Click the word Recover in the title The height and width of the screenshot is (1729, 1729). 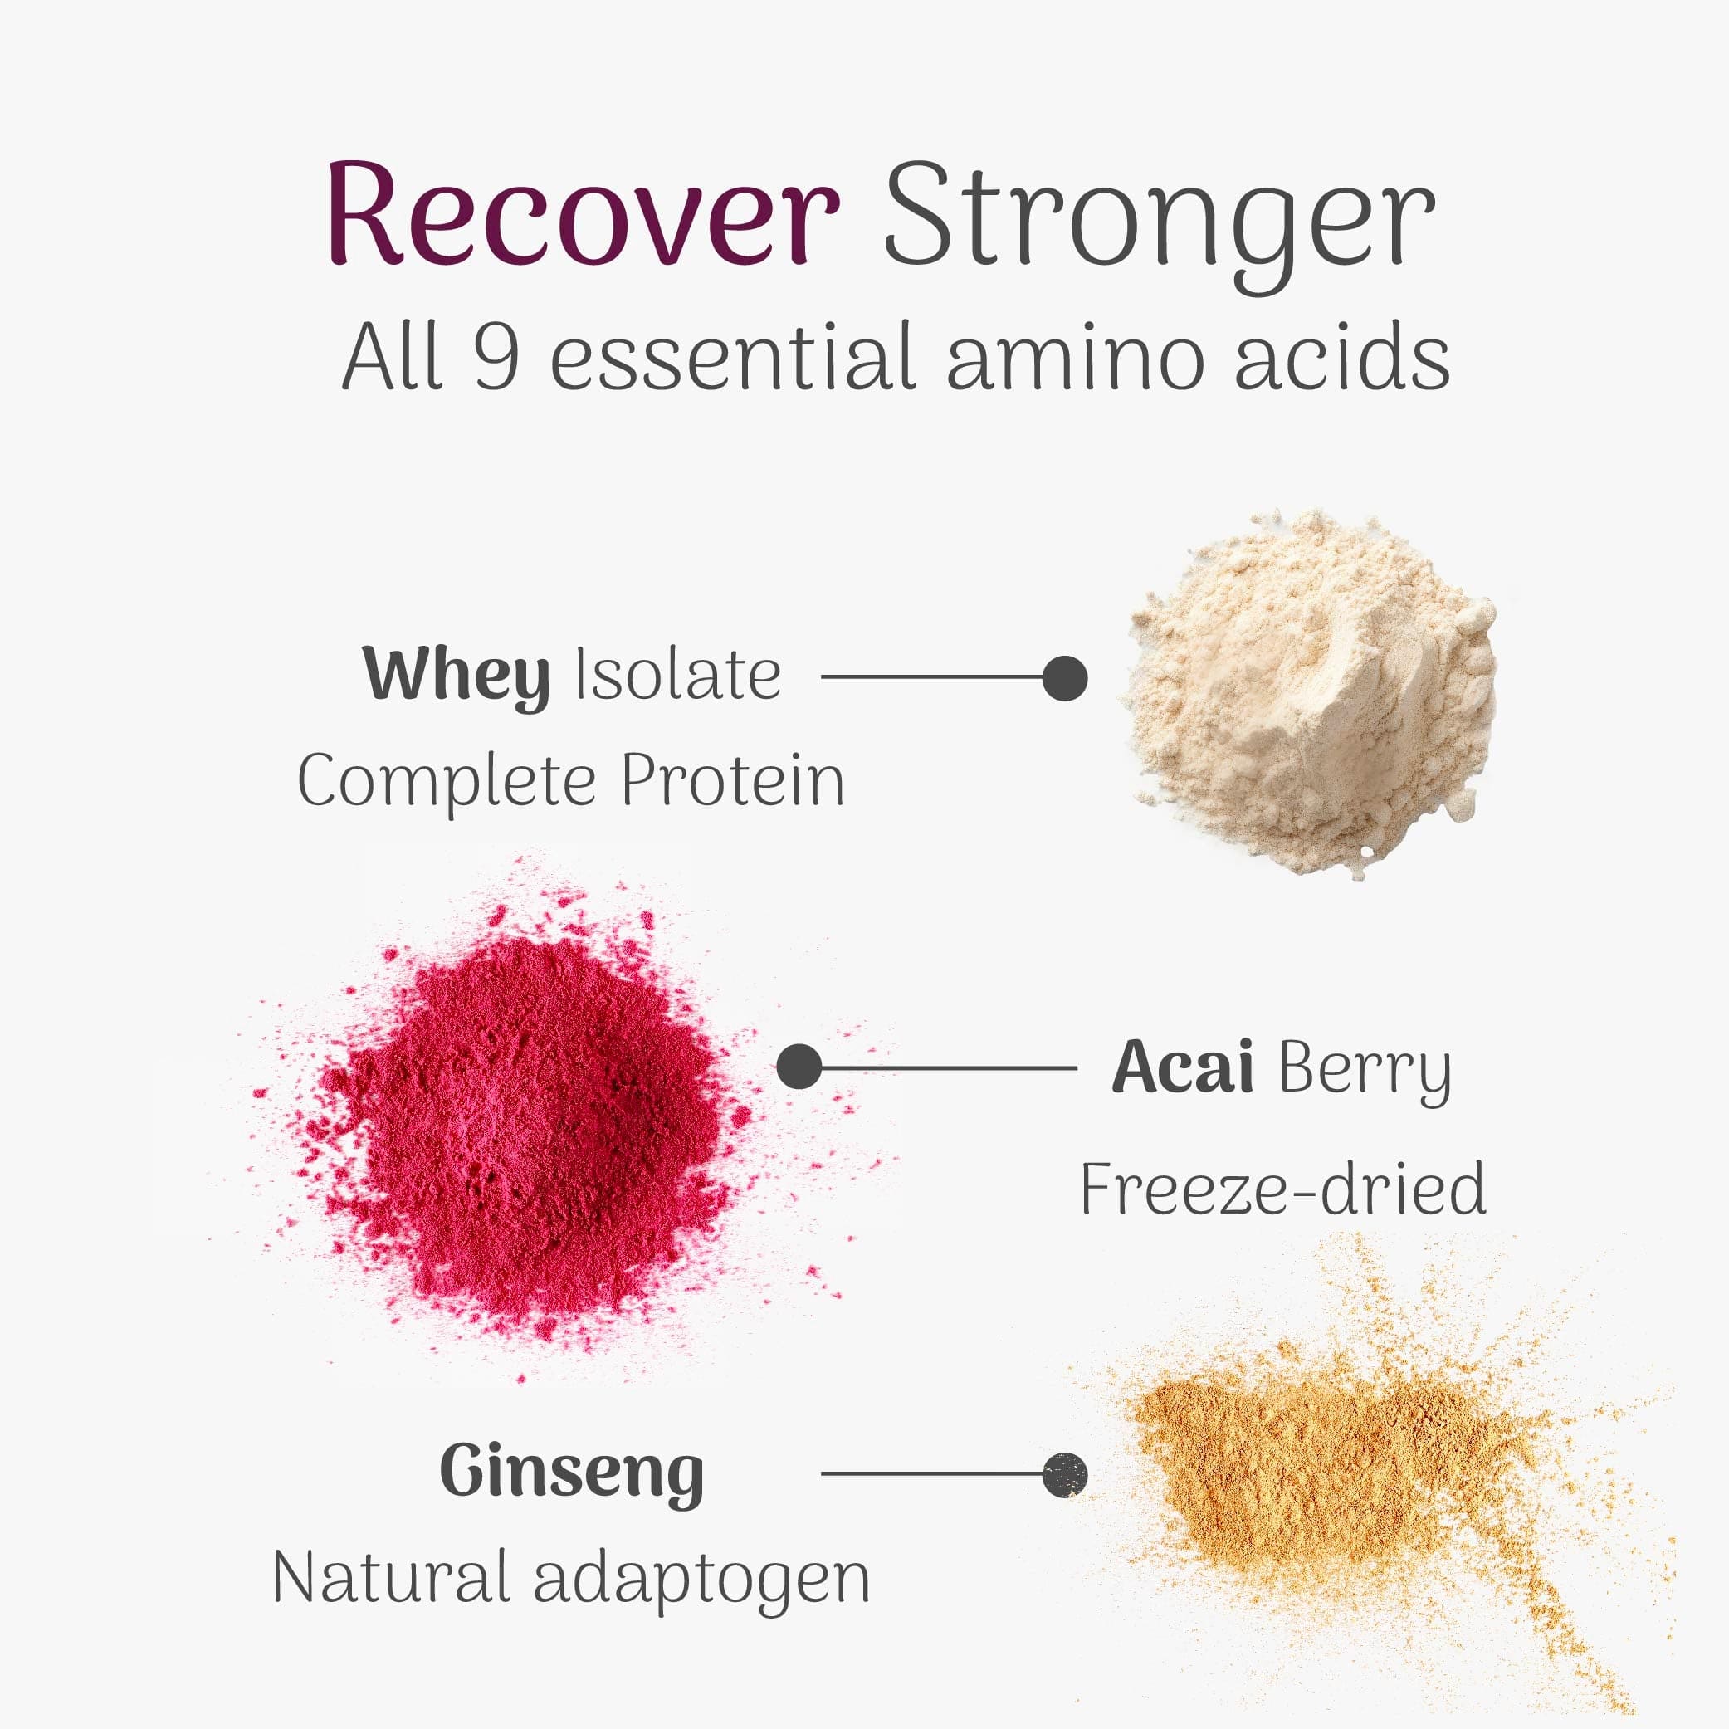583,215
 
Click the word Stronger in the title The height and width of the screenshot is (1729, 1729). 1159,219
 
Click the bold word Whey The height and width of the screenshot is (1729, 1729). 456,676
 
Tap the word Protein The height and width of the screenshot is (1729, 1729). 732,780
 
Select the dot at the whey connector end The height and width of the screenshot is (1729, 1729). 1064,676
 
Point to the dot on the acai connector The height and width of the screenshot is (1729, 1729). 799,1067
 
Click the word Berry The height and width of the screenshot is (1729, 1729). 1365,1069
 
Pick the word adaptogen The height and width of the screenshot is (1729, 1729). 701,1580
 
